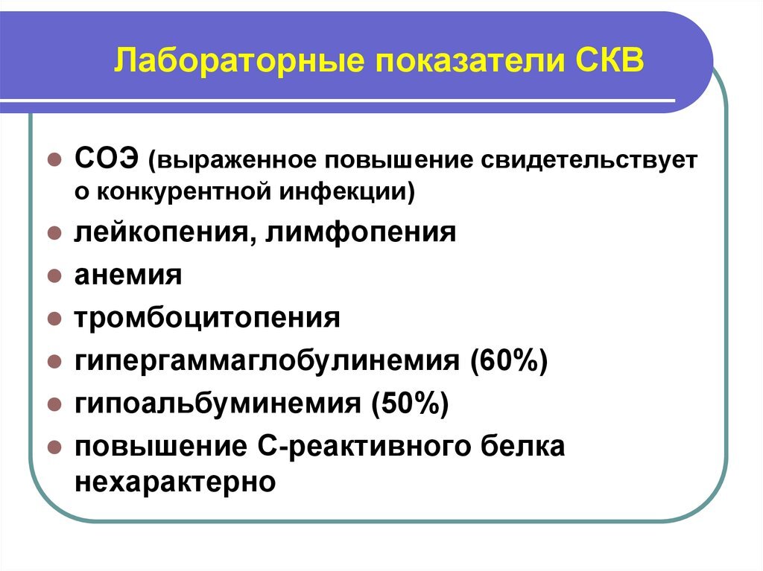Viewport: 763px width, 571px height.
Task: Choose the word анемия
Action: click(x=128, y=275)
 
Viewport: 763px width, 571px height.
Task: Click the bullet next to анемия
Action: click(x=54, y=276)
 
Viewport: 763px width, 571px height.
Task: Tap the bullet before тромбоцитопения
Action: click(x=54, y=319)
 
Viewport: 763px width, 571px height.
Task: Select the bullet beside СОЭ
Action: click(x=54, y=160)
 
